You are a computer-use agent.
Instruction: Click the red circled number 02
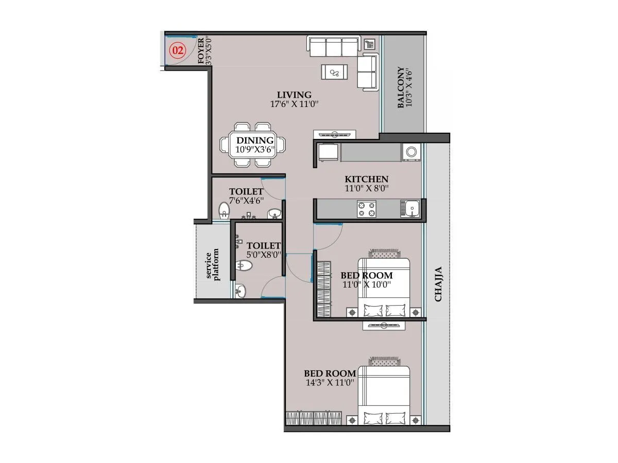(178, 50)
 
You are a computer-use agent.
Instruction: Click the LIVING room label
(294, 95)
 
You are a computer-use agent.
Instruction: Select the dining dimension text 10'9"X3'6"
(255, 150)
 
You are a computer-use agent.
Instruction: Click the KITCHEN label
(366, 179)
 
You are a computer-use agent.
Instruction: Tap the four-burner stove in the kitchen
(366, 209)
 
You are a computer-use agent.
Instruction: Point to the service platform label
(212, 265)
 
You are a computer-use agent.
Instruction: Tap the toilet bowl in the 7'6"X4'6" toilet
(224, 210)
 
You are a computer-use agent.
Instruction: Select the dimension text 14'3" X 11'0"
(330, 383)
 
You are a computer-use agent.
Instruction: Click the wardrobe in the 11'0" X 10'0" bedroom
(323, 289)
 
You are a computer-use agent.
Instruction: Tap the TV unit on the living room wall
(334, 135)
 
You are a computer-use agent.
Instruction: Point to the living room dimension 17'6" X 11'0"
(294, 104)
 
